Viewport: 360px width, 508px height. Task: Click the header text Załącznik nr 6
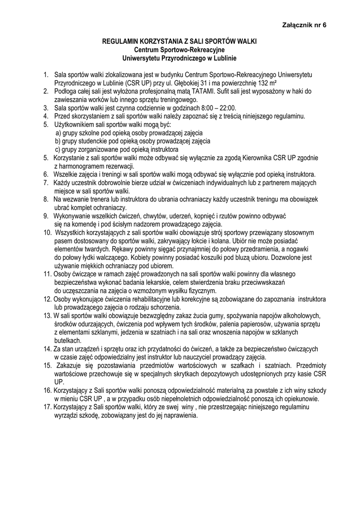[x=304, y=24]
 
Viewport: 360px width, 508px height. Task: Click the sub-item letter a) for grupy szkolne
[x=58, y=133]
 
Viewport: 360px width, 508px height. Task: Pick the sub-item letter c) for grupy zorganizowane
[x=58, y=149]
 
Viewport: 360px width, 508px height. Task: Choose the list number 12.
[x=47, y=299]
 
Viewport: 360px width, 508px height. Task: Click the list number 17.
[x=47, y=407]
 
